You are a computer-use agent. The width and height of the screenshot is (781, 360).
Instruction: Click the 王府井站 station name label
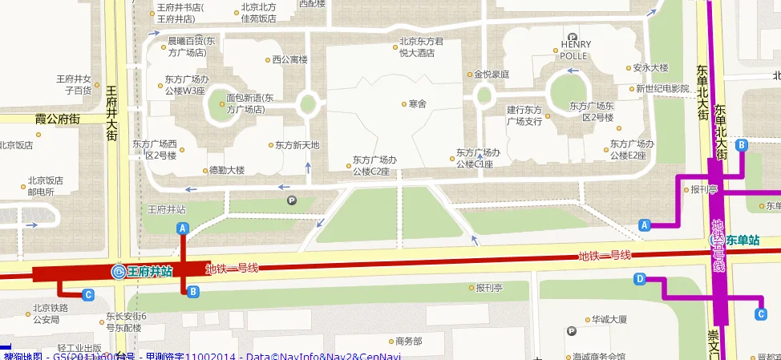click(150, 272)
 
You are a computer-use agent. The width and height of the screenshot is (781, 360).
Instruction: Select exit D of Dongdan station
click(640, 279)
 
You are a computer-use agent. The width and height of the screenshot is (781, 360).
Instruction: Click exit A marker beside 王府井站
click(183, 229)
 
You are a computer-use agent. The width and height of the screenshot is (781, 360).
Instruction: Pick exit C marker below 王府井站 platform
click(88, 295)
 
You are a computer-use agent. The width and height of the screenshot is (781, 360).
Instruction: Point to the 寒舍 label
click(417, 103)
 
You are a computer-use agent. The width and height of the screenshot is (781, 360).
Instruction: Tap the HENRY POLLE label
click(575, 50)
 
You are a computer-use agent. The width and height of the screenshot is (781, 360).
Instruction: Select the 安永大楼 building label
click(650, 68)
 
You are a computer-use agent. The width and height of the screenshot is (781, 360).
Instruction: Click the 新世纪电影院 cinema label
click(662, 88)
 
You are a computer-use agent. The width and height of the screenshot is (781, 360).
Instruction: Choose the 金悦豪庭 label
click(492, 74)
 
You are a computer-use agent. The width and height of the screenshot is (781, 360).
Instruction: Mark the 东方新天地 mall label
click(297, 145)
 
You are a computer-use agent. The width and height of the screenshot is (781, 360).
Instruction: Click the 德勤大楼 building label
click(226, 170)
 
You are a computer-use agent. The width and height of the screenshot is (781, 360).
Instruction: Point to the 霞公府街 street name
click(58, 119)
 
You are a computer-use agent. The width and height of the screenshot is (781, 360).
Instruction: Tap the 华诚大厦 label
click(609, 319)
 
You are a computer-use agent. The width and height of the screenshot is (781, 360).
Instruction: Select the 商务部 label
click(403, 341)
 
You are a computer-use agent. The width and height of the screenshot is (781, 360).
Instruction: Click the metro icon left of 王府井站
click(118, 272)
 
